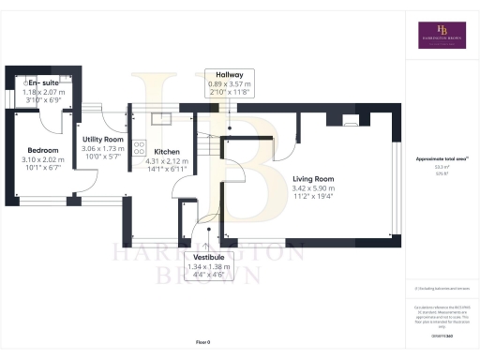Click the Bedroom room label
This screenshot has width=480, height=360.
coord(43,150)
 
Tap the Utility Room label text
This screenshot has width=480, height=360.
coord(102,139)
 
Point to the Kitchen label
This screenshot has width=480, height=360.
coord(168,151)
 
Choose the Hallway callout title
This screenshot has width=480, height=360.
coord(230,74)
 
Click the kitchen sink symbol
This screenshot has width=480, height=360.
coord(158,118)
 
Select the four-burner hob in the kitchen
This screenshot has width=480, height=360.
coord(139,147)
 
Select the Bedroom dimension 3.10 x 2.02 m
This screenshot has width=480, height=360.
coord(43,160)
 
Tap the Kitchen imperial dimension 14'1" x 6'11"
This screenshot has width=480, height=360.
coord(168,170)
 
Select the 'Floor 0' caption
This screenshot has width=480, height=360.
coord(202,342)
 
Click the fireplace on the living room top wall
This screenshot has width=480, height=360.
coord(350,120)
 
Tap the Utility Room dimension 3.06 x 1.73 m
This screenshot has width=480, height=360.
coord(102,149)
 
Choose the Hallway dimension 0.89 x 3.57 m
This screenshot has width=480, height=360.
coord(230,84)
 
